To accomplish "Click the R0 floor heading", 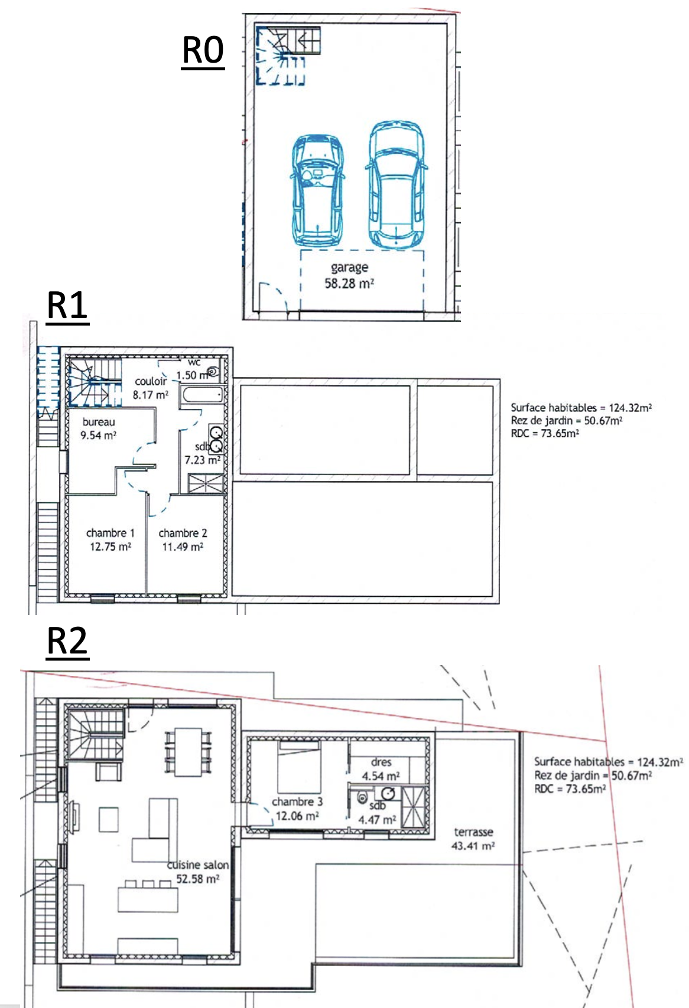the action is pyautogui.click(x=203, y=51).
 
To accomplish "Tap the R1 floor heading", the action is pyautogui.click(x=67, y=305).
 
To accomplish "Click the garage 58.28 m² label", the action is pyautogui.click(x=349, y=275).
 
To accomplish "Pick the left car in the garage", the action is pyautogui.click(x=317, y=190).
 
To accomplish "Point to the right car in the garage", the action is pyautogui.click(x=396, y=184).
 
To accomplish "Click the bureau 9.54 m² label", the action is pyautogui.click(x=99, y=428).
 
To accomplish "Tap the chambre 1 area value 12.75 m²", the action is pyautogui.click(x=110, y=547).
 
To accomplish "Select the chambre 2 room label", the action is pyautogui.click(x=183, y=534).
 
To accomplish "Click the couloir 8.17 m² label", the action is pyautogui.click(x=150, y=388).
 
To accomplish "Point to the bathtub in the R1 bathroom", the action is pyautogui.click(x=202, y=395).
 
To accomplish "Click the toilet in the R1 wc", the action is pyautogui.click(x=213, y=372).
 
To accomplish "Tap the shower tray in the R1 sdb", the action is pyautogui.click(x=206, y=483).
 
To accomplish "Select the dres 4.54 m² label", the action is pyautogui.click(x=381, y=769).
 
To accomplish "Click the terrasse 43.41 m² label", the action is pyautogui.click(x=473, y=839).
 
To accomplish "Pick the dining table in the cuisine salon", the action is pyautogui.click(x=188, y=752).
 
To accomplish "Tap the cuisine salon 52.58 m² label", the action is pyautogui.click(x=197, y=872).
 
